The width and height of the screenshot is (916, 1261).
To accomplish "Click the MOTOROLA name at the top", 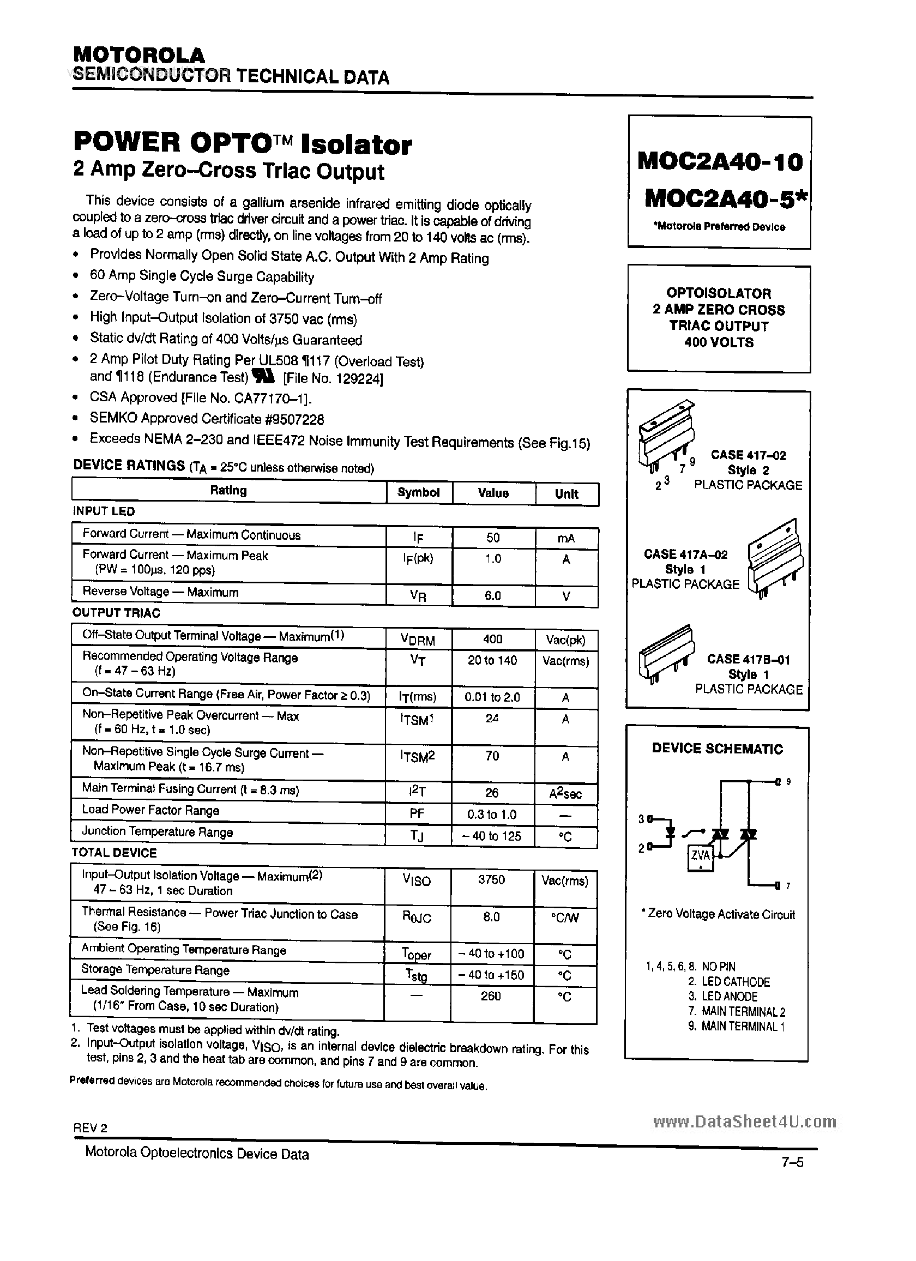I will coord(139,55).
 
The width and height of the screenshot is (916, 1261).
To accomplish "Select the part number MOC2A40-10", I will coord(720,162).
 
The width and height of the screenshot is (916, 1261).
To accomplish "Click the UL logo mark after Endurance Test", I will coord(261,377).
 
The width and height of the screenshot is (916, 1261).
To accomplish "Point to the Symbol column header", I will coord(418,493).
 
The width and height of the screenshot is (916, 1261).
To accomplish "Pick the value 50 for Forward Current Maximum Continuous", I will coord(493,538).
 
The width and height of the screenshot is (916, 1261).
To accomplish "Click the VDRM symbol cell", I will coord(418,639).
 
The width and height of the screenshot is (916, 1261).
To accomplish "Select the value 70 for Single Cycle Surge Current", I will coord(492,756).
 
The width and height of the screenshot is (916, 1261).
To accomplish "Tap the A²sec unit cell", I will coord(565,793).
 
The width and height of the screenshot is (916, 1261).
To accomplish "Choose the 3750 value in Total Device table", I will coord(492,879).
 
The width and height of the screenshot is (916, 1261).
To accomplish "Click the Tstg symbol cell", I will coord(417,975).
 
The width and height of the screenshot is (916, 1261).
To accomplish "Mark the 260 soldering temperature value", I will coord(491,996).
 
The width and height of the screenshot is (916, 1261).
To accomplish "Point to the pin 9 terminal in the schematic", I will coord(779,782).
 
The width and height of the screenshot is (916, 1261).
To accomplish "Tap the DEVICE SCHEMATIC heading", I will coord(717,749).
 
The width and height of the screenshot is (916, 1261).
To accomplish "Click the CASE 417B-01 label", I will coord(748,660).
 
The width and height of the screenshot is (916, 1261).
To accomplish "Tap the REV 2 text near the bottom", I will coord(90,1128).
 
